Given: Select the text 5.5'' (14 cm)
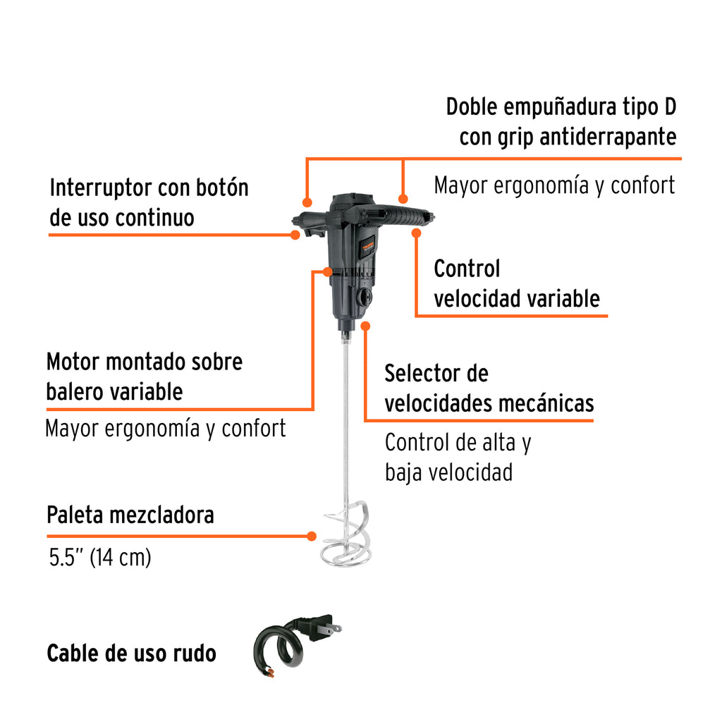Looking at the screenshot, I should point(99,558).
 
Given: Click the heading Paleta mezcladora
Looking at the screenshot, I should point(130,515).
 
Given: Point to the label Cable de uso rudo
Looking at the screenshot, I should point(131,654).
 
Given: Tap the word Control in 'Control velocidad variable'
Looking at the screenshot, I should point(467,269).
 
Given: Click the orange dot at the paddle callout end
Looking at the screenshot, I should point(312,536).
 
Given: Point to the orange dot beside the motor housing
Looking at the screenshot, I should point(327,271).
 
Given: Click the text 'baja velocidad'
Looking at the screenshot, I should point(448,472).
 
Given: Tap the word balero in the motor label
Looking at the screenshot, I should point(74,391).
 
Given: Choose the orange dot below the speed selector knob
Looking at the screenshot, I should point(365,325).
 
